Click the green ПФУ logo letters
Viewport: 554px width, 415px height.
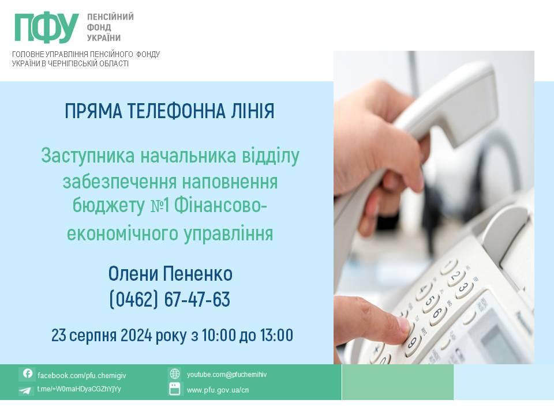pyautogui.click(x=46, y=28)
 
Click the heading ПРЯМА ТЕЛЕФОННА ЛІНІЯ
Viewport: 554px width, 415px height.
pyautogui.click(x=170, y=111)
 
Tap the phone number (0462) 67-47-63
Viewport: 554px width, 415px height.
pyautogui.click(x=170, y=299)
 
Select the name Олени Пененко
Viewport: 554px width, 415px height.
pyautogui.click(x=170, y=274)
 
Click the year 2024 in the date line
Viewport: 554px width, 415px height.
pyautogui.click(x=136, y=335)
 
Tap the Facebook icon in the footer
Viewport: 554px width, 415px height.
pyautogui.click(x=28, y=373)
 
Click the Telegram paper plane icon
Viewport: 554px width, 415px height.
pyautogui.click(x=25, y=390)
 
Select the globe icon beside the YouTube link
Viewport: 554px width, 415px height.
pyautogui.click(x=174, y=373)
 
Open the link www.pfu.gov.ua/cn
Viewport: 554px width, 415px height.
pyautogui.click(x=218, y=390)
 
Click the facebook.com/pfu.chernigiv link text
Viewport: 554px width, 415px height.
pyautogui.click(x=81, y=375)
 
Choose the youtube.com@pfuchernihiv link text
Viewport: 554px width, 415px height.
pyautogui.click(x=226, y=375)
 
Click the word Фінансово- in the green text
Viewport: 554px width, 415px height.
pyautogui.click(x=220, y=206)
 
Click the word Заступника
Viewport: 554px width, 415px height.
pyautogui.click(x=88, y=156)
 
